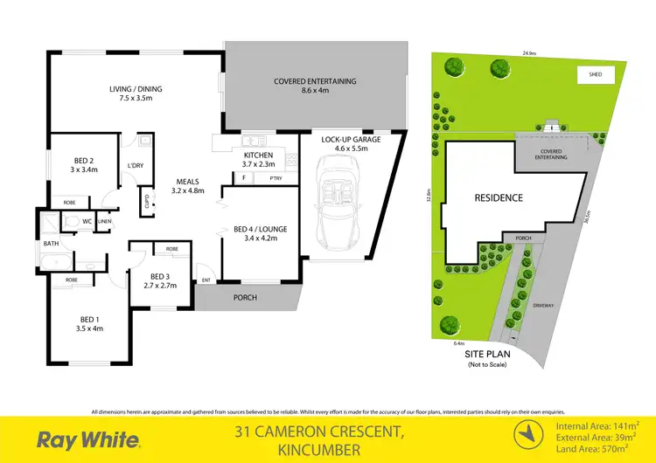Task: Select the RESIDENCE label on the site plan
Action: [x=499, y=197]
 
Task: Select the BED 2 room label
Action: [x=84, y=163]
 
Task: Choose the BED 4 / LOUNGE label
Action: [x=261, y=230]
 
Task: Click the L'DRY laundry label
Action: [x=136, y=165]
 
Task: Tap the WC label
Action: [x=87, y=221]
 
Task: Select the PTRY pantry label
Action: [x=276, y=178]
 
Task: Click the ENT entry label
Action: [x=206, y=280]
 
